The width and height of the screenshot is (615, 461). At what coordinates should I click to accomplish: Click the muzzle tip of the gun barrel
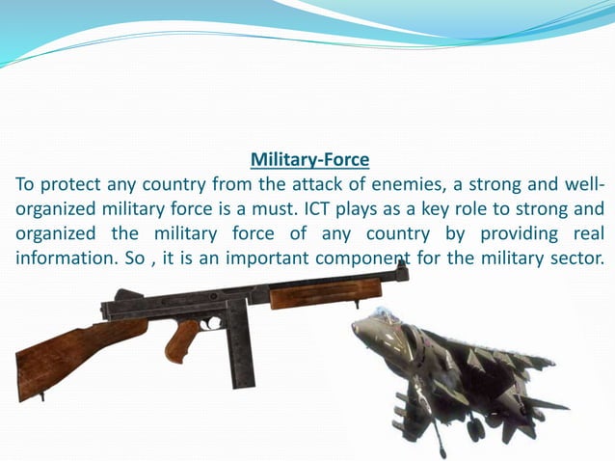click(403, 273)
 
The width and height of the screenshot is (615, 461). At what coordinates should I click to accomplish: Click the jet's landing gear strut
click(440, 434)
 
